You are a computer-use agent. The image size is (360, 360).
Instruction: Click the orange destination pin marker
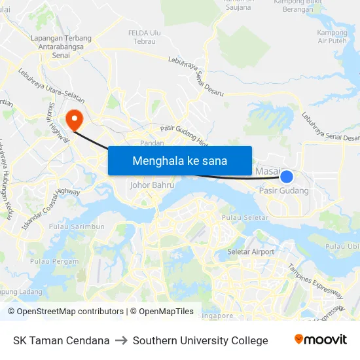point(75,119)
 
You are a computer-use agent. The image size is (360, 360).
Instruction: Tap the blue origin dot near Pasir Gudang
point(287,175)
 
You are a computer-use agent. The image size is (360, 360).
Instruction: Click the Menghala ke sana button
point(179,160)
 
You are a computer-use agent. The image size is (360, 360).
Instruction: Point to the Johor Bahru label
point(152,185)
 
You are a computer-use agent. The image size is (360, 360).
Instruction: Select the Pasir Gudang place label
point(283,190)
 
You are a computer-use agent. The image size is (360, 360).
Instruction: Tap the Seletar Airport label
point(251,251)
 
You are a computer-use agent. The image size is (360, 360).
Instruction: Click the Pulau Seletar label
point(245,217)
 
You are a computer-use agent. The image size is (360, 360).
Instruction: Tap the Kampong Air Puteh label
point(332,37)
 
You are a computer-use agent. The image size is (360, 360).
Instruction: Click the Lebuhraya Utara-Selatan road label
point(52,86)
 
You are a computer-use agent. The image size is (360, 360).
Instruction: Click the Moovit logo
point(320,340)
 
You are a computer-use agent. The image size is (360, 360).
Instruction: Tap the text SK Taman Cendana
point(61,340)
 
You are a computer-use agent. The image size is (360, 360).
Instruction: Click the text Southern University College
point(200,340)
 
